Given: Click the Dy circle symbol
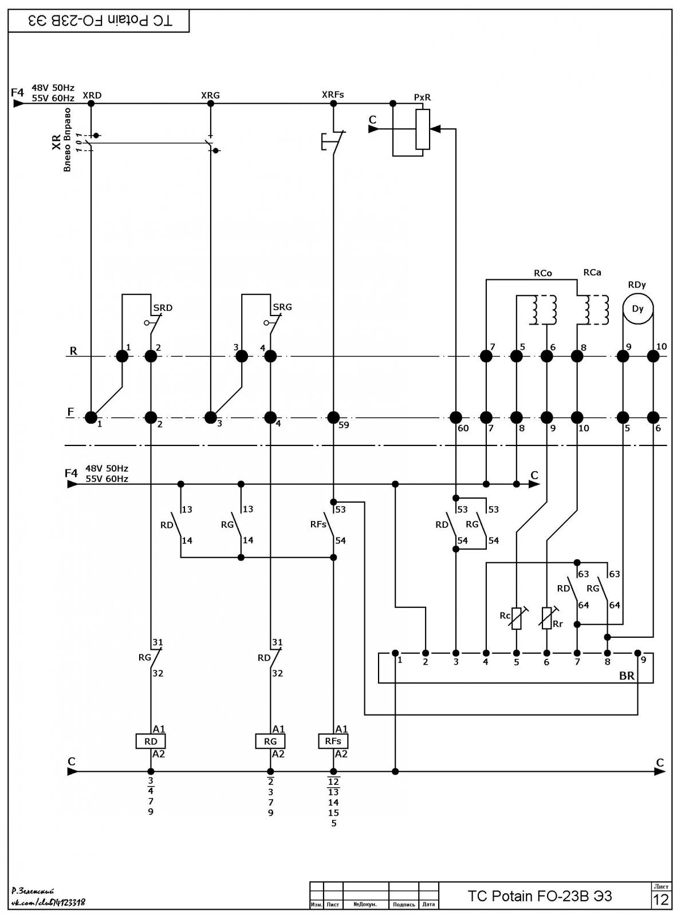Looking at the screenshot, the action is (638, 309).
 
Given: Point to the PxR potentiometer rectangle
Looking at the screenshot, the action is (423, 129).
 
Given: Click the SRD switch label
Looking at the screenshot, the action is (163, 307).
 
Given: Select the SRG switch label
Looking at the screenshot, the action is (282, 307).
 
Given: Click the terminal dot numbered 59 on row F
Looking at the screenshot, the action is (333, 417).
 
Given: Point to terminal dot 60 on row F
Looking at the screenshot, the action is (456, 417).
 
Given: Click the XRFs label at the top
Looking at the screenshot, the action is (333, 94).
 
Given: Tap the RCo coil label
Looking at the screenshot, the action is (543, 273).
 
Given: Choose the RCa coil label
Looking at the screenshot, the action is (592, 272).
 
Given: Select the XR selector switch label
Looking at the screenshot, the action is (57, 141).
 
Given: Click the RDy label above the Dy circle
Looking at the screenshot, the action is (637, 285).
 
